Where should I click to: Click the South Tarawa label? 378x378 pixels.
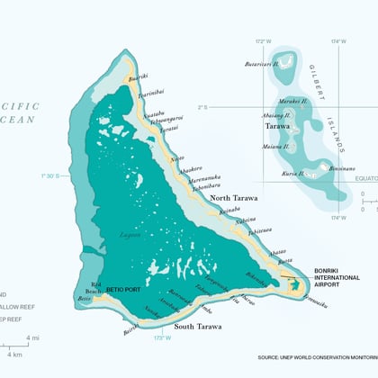pos(197,326)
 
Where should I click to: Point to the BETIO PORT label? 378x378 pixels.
pos(123,291)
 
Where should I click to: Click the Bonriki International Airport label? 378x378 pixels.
pos(337,275)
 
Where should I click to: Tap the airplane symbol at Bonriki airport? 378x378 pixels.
pos(290,278)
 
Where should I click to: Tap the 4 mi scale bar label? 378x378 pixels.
pos(33,337)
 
